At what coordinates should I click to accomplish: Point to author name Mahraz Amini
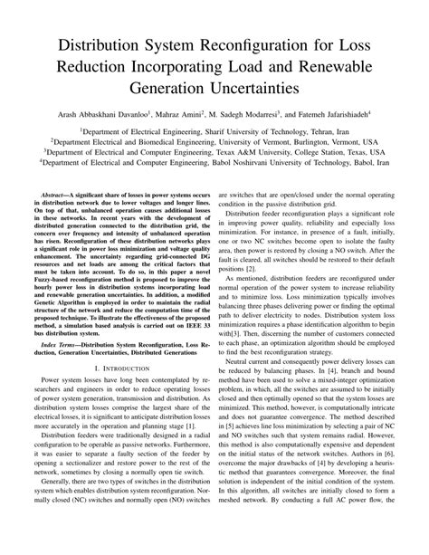197,114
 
